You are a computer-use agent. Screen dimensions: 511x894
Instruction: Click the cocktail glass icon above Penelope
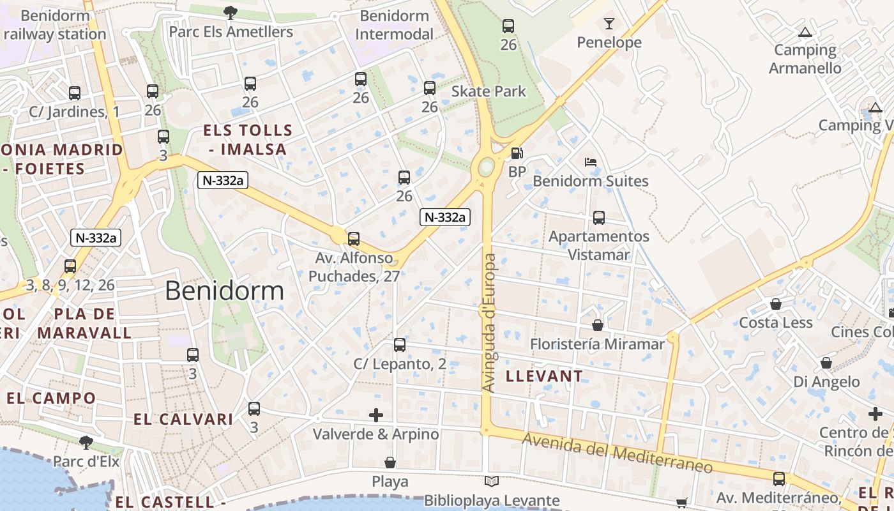[x=609, y=24]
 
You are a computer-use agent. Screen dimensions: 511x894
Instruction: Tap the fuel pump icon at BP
[x=517, y=153]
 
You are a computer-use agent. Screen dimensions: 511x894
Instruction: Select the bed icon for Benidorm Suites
[x=591, y=162]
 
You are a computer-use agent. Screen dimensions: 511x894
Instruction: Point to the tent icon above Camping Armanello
[x=805, y=31]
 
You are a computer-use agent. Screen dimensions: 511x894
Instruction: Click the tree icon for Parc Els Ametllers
[x=230, y=12]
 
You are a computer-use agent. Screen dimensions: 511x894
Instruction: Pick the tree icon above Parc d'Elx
[x=86, y=442]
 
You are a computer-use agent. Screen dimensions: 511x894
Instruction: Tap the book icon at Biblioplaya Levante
[x=492, y=482]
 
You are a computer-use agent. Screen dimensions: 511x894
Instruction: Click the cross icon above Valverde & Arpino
[x=376, y=415]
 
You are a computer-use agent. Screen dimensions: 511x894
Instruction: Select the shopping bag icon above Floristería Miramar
[x=598, y=325]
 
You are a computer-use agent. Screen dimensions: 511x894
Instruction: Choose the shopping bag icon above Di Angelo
[x=826, y=363]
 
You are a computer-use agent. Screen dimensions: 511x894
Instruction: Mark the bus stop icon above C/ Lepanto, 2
[x=400, y=345]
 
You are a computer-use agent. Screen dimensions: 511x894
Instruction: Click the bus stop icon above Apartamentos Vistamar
[x=599, y=218]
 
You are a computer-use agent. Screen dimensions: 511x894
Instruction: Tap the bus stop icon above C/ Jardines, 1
[x=75, y=93]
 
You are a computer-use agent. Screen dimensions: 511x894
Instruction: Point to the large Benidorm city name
[x=224, y=291]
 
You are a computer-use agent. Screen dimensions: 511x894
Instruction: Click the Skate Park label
[x=489, y=91]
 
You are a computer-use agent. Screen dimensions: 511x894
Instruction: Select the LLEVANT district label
[x=544, y=376]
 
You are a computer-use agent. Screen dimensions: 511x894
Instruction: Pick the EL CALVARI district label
[x=183, y=419]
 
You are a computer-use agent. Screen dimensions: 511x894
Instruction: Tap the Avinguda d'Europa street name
[x=489, y=323]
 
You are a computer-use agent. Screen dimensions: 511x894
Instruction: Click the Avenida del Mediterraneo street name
[x=617, y=452]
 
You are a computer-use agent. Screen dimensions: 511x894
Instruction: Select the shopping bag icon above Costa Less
[x=776, y=304]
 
